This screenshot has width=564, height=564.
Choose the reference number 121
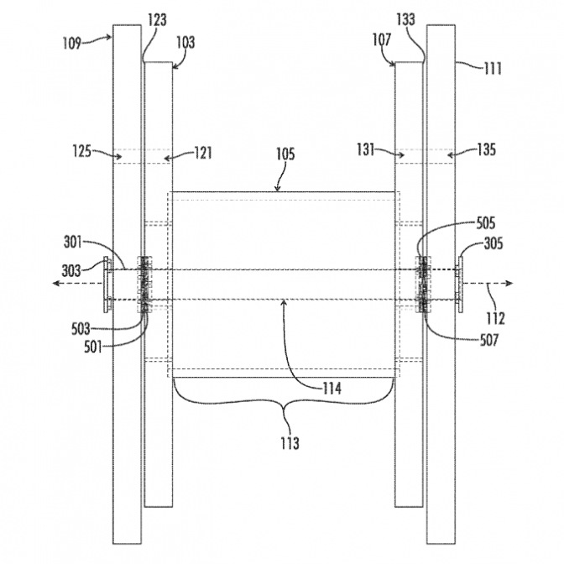coord(202,153)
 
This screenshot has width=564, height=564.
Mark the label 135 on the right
coord(485,150)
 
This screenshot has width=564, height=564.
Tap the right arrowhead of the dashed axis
coord(513,285)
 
